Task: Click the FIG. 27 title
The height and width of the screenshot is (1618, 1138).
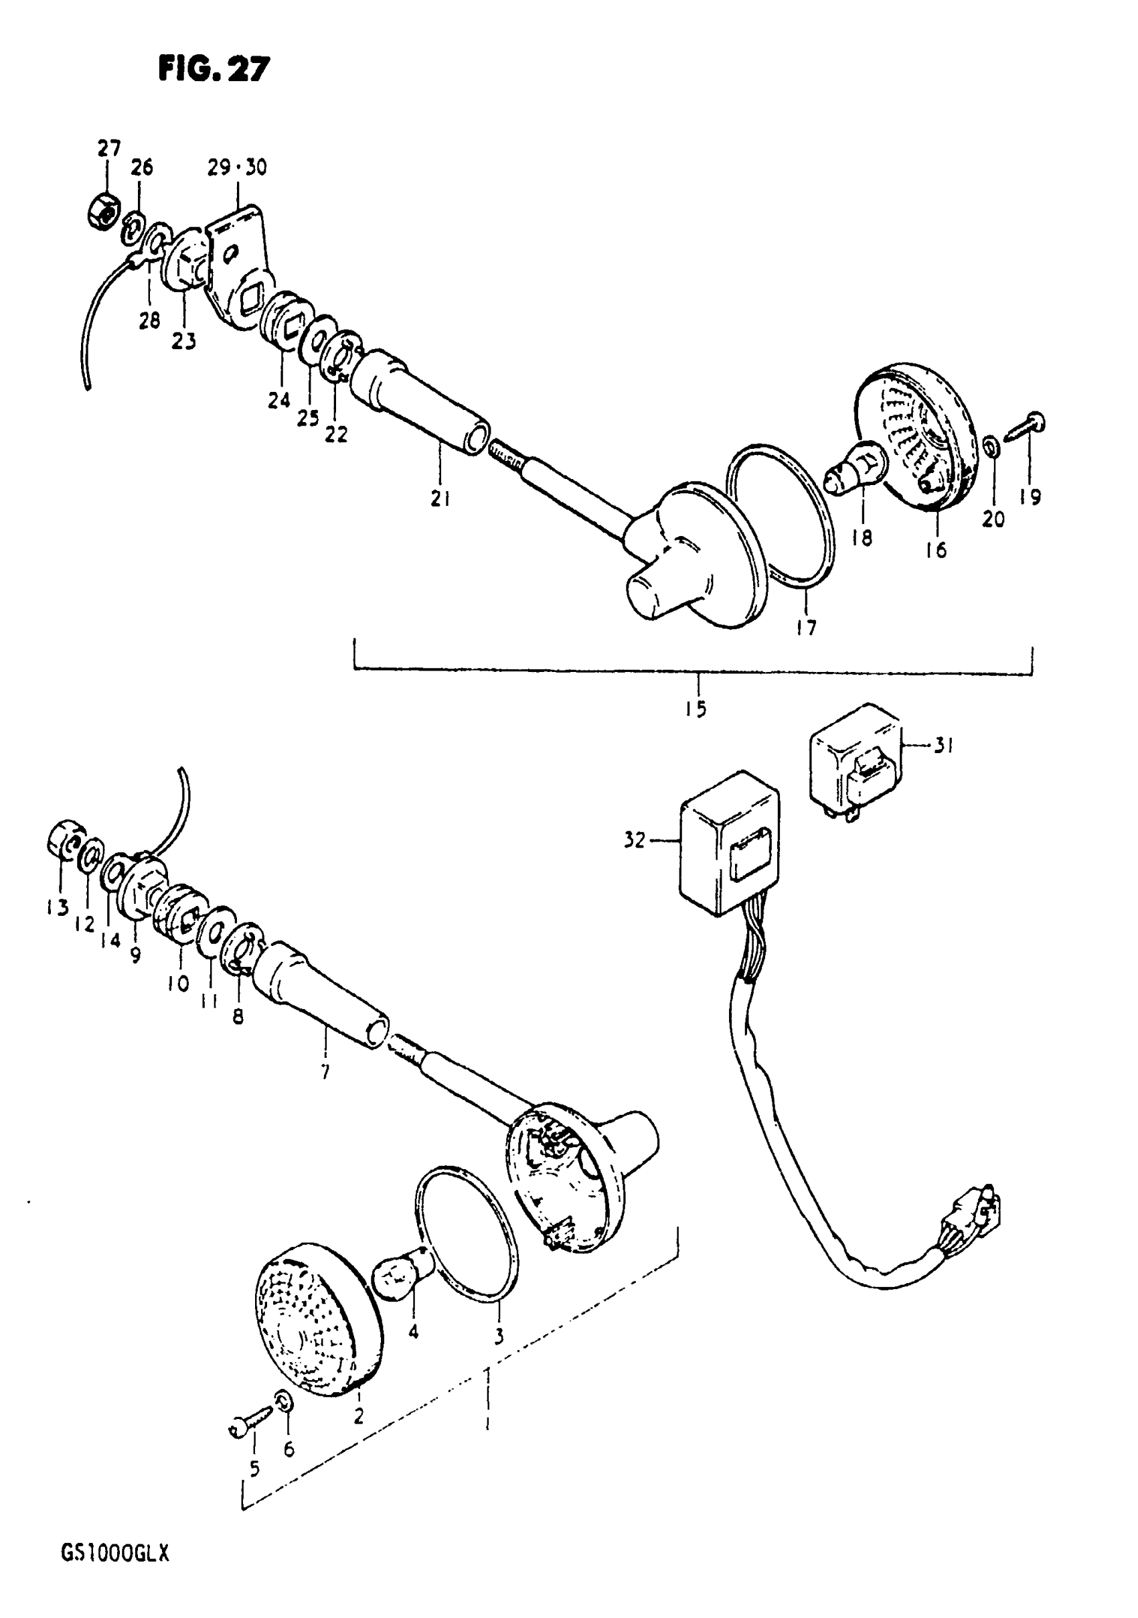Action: tap(214, 70)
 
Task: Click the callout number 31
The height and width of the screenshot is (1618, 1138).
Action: tap(944, 745)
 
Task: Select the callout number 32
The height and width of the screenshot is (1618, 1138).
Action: tap(635, 840)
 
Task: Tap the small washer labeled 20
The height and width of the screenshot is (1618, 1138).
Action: tap(990, 446)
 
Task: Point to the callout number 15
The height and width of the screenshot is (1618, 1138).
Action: tap(696, 709)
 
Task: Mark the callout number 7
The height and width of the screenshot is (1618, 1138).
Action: tap(325, 1073)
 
